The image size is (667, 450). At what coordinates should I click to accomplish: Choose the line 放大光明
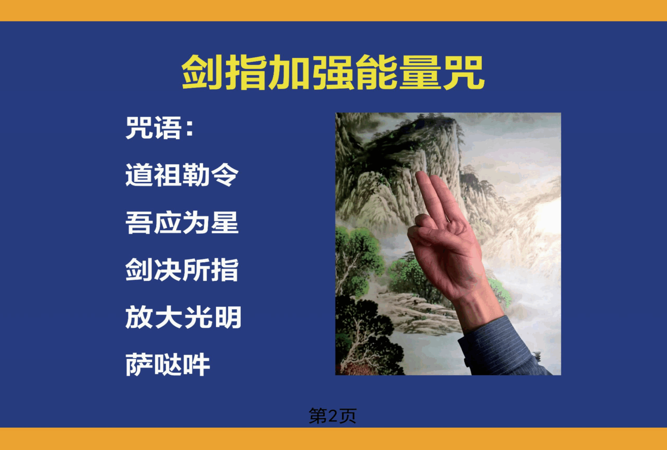[183, 317]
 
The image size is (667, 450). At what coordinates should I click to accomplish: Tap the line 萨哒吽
[168, 365]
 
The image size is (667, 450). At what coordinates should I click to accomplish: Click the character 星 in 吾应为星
[225, 223]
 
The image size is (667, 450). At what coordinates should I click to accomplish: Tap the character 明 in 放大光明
[227, 317]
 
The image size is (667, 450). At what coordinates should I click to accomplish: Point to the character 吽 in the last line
[196, 365]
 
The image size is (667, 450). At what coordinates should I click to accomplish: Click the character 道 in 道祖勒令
[139, 175]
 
